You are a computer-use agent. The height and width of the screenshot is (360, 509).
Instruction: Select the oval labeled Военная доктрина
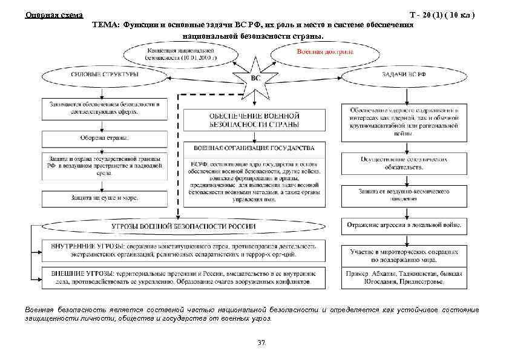(x=324, y=52)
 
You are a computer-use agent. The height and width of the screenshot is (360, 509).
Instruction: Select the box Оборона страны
(x=101, y=137)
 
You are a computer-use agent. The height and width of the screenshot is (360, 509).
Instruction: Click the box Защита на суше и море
(x=101, y=198)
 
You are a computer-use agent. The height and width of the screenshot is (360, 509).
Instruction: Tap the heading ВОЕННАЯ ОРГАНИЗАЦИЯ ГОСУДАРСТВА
(x=254, y=148)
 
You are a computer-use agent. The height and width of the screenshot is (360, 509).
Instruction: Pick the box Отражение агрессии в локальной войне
(x=404, y=226)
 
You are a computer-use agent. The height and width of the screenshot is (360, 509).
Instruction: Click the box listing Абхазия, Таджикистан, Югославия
(x=404, y=278)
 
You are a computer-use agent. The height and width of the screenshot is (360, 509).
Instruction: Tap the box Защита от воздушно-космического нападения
(x=404, y=194)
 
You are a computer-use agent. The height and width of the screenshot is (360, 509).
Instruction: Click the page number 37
(x=261, y=343)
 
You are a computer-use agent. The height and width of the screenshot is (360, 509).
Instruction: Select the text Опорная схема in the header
(x=54, y=15)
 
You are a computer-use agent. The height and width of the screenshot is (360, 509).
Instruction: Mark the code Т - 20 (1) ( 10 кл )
(x=447, y=15)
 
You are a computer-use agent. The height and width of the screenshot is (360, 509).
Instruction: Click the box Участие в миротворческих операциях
(x=404, y=254)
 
